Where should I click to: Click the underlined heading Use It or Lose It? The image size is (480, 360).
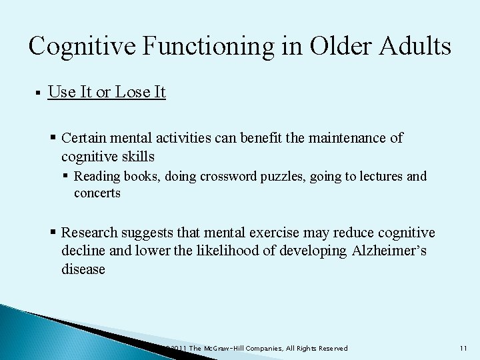[107, 92]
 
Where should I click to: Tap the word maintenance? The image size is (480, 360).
[349, 138]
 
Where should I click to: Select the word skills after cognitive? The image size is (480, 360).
[137, 157]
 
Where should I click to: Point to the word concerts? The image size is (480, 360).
[97, 193]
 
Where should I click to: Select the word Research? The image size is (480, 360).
[89, 233]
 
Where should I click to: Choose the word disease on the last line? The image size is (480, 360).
[83, 269]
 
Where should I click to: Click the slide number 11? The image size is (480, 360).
[464, 349]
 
